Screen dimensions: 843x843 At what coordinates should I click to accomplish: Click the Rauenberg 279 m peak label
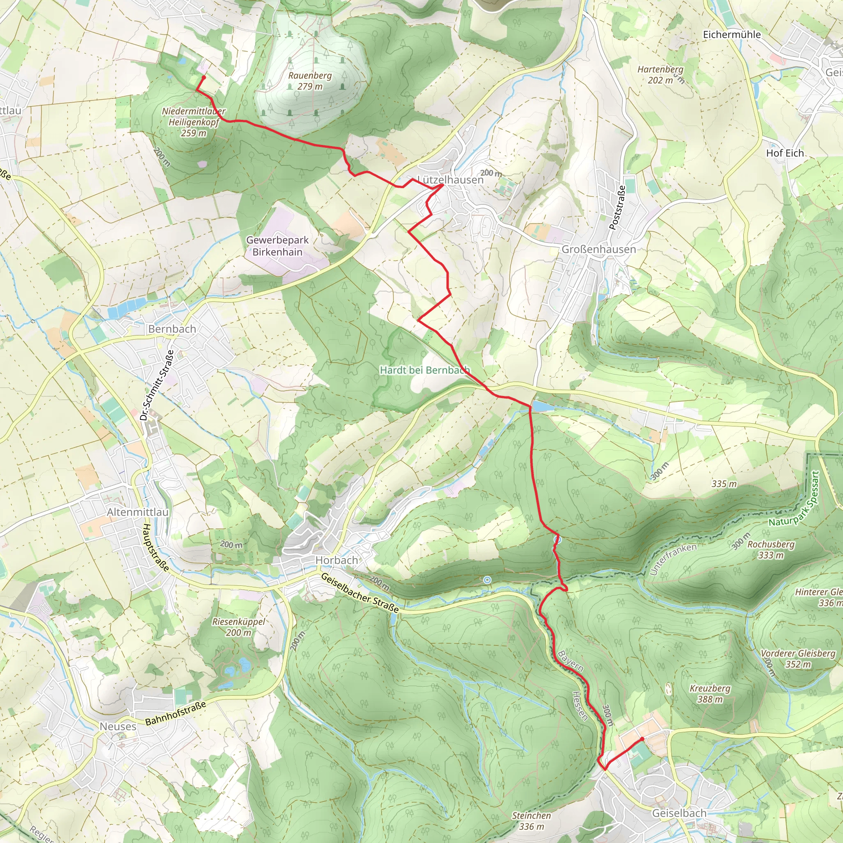pyautogui.click(x=310, y=81)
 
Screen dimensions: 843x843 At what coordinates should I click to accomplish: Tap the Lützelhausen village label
pyautogui.click(x=450, y=180)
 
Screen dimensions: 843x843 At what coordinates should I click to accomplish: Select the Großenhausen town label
pyautogui.click(x=598, y=249)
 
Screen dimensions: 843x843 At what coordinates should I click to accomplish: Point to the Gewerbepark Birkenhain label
pyautogui.click(x=277, y=246)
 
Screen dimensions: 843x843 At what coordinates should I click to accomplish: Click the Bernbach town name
pyautogui.click(x=172, y=329)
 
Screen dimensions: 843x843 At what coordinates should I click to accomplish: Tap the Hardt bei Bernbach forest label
pyautogui.click(x=424, y=370)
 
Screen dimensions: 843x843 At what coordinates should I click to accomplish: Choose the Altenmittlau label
pyautogui.click(x=138, y=512)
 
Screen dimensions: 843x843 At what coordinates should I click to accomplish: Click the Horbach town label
pyautogui.click(x=336, y=560)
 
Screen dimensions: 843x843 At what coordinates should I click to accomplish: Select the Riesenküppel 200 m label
pyautogui.click(x=239, y=626)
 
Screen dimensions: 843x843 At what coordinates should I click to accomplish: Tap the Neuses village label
pyautogui.click(x=118, y=727)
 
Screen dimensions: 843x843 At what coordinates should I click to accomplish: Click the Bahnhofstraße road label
pyautogui.click(x=175, y=713)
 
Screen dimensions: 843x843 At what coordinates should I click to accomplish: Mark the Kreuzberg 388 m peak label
pyautogui.click(x=710, y=693)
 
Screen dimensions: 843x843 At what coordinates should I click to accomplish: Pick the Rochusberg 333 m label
pyautogui.click(x=771, y=550)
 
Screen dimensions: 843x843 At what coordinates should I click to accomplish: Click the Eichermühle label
pyautogui.click(x=732, y=35)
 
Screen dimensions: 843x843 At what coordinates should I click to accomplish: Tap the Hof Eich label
pyautogui.click(x=785, y=153)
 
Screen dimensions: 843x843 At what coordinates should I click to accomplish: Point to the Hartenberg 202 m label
pyautogui.click(x=660, y=75)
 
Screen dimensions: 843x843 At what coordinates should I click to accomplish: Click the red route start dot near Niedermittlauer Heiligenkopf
pyautogui.click(x=204, y=77)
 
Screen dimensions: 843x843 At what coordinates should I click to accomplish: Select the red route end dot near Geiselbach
pyautogui.click(x=642, y=739)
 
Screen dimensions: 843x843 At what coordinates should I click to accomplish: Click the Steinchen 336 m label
pyautogui.click(x=531, y=821)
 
